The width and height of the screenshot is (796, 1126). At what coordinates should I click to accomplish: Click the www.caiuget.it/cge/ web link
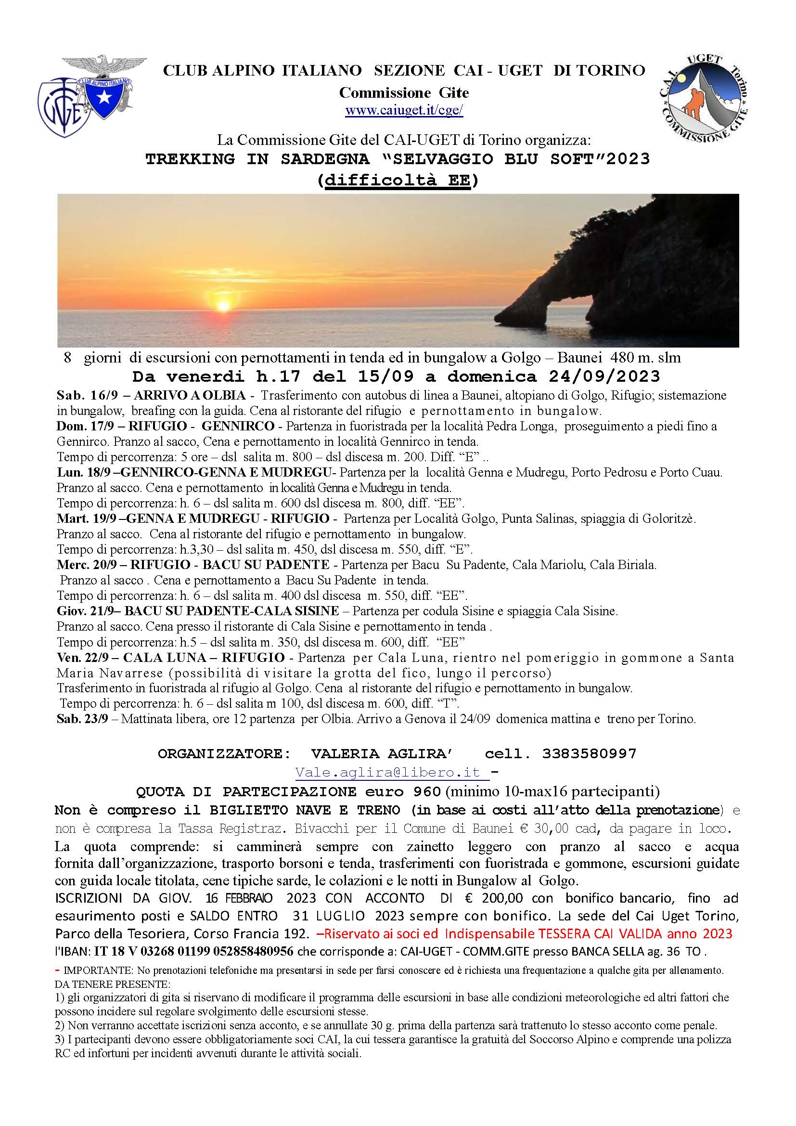point(404,111)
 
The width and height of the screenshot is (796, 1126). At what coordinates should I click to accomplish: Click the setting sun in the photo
point(223,306)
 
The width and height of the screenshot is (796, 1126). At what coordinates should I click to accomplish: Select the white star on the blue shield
point(104,99)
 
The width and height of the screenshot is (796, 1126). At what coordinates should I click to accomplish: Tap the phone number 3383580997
point(589,753)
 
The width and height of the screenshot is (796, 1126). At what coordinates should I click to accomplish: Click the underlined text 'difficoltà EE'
point(397,181)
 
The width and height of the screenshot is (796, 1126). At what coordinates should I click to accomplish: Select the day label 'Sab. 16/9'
point(78,395)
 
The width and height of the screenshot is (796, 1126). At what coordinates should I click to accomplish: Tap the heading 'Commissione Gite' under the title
point(404,92)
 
